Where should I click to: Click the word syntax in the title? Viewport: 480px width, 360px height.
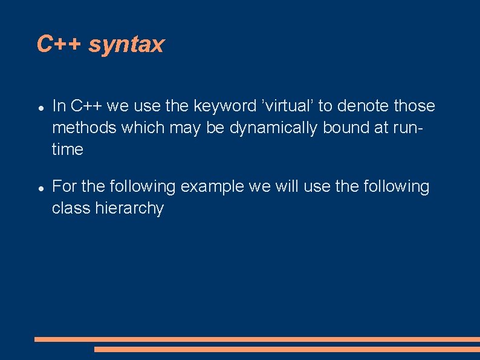[126, 45]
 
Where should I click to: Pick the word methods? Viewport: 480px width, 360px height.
[84, 128]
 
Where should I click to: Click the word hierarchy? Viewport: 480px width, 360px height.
[129, 209]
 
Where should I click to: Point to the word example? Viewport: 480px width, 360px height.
[212, 187]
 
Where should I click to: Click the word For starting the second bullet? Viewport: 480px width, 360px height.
[65, 187]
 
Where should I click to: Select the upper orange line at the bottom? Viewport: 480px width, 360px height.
[257, 339]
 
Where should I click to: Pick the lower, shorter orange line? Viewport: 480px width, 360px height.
[287, 349]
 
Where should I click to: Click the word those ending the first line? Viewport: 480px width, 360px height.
[414, 106]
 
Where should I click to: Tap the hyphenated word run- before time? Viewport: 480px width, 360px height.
[408, 128]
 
